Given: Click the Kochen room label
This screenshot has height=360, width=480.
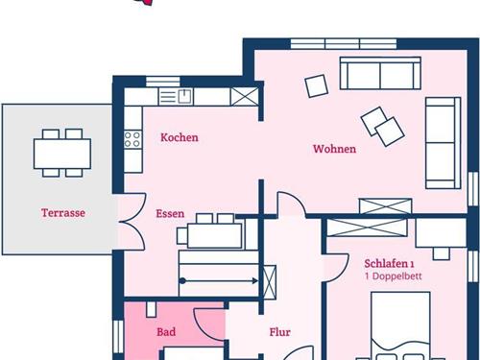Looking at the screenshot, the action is (180, 137).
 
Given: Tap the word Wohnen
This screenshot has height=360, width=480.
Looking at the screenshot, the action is (334, 149).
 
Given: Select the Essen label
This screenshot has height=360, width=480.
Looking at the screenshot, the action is (170, 213).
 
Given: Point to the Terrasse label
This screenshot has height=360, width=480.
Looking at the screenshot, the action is (63, 213).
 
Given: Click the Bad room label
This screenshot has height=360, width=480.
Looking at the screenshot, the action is (166, 332).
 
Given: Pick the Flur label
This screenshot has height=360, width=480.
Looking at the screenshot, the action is (279, 332).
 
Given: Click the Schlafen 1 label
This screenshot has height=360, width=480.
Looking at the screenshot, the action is (389, 264).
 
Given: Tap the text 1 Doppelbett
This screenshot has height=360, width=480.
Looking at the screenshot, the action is (394, 276).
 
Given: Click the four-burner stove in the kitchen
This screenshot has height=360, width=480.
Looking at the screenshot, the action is (132, 139).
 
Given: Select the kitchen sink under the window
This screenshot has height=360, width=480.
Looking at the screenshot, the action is (176, 97).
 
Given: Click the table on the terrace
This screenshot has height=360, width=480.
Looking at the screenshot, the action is (62, 154).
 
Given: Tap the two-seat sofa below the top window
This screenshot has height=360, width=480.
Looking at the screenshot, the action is (380, 73).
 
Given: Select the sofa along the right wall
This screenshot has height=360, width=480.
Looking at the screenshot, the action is (443, 143).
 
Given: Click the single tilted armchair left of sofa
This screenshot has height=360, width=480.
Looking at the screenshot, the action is (317, 85).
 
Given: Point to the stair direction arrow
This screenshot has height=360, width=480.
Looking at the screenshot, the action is (219, 281).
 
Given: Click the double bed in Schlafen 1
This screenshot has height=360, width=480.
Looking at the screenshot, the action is (400, 325).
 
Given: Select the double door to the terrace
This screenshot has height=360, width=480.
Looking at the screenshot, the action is (132, 222).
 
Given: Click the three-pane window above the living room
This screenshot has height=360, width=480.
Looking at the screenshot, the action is (344, 43).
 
